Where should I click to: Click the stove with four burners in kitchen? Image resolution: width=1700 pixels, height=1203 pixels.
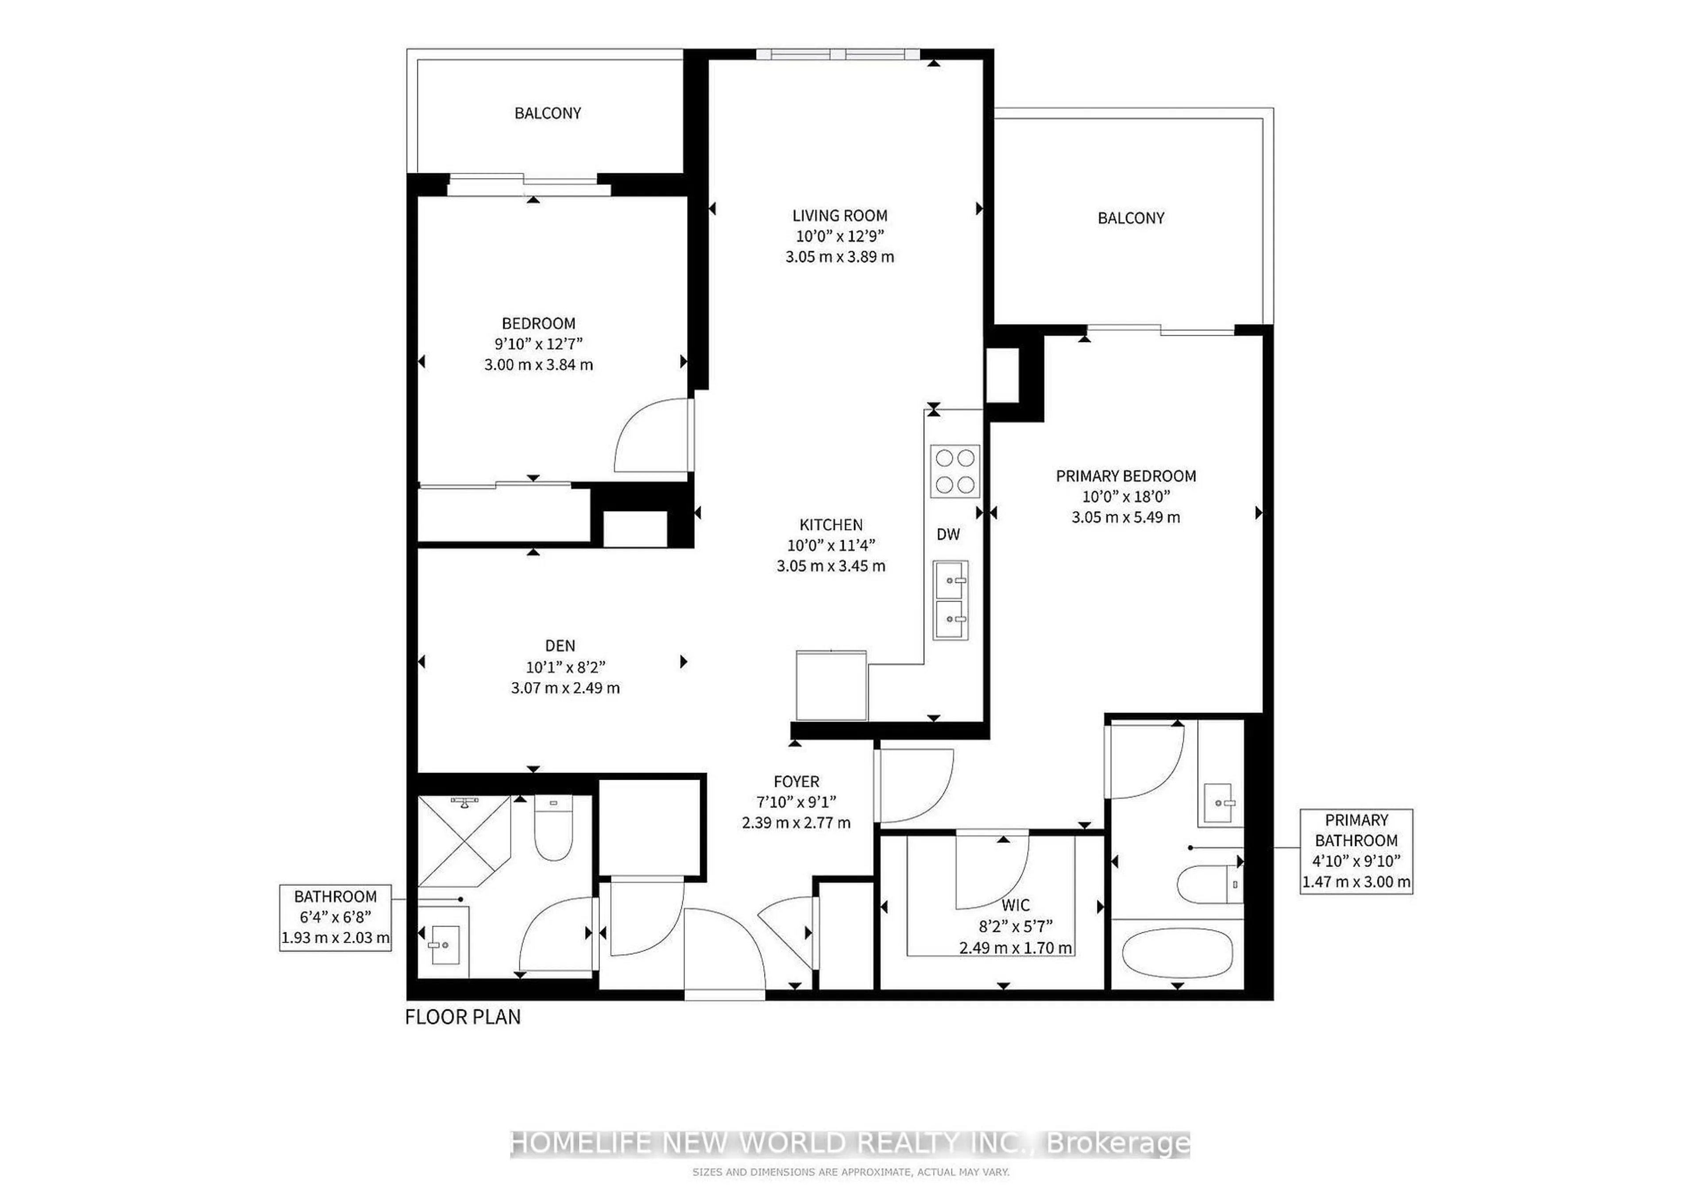click(955, 471)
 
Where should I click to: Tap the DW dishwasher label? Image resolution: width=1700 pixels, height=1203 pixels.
click(948, 534)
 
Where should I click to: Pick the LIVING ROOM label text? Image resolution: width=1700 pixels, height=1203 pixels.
click(840, 216)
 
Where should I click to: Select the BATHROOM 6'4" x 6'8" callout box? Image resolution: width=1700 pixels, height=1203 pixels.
click(336, 917)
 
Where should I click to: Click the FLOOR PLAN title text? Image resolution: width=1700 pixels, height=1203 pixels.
click(463, 1017)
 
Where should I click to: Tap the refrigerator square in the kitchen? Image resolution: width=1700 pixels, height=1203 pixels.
click(831, 685)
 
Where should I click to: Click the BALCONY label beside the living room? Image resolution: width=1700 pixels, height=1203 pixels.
click(1131, 218)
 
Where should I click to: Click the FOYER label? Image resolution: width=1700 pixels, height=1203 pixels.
click(796, 781)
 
